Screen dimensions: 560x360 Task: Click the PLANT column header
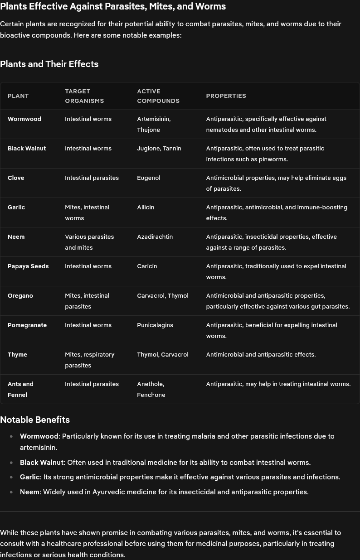coord(18,96)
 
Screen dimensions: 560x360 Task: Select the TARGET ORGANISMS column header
coord(84,96)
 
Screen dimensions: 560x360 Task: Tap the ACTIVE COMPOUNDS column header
coord(158,96)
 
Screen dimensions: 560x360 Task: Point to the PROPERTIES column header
coord(226,96)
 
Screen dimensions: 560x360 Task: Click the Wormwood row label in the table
coord(24,119)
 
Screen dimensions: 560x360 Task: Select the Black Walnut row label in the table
coord(27,148)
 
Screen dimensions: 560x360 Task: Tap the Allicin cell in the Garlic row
coord(146,207)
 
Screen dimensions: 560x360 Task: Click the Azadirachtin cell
coord(155,237)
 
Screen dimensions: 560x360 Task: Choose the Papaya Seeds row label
coord(28,266)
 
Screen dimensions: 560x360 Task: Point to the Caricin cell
coord(147,266)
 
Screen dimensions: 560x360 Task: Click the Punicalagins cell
coord(155,325)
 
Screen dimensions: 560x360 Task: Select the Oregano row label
coord(20,295)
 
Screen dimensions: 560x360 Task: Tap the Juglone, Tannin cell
coord(159,148)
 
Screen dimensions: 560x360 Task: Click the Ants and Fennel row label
coord(20,389)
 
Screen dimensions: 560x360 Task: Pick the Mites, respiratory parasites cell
coord(89,360)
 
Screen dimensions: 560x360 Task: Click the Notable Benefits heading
coord(35,420)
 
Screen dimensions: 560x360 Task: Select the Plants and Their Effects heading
coord(49,64)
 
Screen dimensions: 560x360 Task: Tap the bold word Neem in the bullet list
coord(29,492)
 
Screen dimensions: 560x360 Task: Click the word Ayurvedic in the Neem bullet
coord(109,492)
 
